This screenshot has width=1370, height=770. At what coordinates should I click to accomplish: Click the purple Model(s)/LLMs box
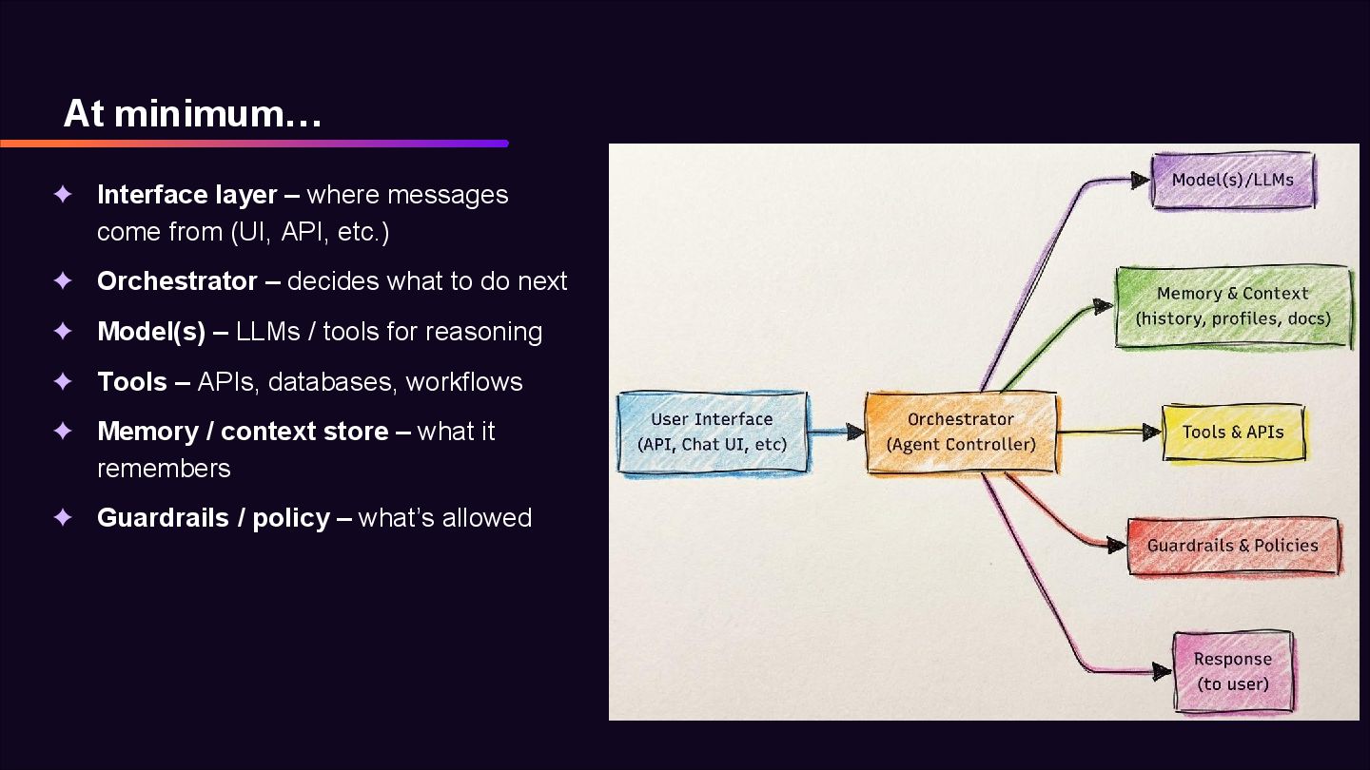pyautogui.click(x=1233, y=180)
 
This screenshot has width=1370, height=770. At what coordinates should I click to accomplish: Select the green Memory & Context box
pyautogui.click(x=1233, y=306)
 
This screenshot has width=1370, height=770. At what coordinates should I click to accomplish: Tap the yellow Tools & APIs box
pyautogui.click(x=1233, y=433)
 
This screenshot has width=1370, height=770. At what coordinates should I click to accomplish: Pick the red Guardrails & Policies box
pyautogui.click(x=1233, y=546)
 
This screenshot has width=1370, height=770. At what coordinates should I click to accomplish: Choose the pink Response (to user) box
pyautogui.click(x=1233, y=671)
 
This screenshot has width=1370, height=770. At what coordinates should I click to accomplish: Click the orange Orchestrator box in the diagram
pyautogui.click(x=961, y=432)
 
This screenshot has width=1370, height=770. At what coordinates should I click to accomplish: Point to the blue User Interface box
pyautogui.click(x=712, y=432)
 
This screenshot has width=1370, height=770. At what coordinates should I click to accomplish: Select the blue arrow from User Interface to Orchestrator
pyautogui.click(x=835, y=433)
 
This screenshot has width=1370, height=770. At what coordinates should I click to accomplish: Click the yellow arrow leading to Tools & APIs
pyautogui.click(x=1108, y=433)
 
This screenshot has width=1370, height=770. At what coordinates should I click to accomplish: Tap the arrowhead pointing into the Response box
pyautogui.click(x=1162, y=672)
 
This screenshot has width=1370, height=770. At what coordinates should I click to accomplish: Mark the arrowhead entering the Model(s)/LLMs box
pyautogui.click(x=1140, y=180)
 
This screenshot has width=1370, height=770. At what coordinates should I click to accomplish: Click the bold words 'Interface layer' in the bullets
pyautogui.click(x=187, y=195)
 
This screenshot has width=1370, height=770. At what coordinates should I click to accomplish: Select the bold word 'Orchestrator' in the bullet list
pyautogui.click(x=177, y=281)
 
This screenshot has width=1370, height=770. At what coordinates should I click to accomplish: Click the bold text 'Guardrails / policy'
pyautogui.click(x=213, y=518)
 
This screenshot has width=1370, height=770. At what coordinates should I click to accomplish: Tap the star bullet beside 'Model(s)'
pyautogui.click(x=63, y=332)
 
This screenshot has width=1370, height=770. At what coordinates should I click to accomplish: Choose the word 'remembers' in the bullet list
pyautogui.click(x=164, y=469)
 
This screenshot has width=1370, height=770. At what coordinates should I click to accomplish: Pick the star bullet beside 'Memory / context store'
pyautogui.click(x=63, y=432)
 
